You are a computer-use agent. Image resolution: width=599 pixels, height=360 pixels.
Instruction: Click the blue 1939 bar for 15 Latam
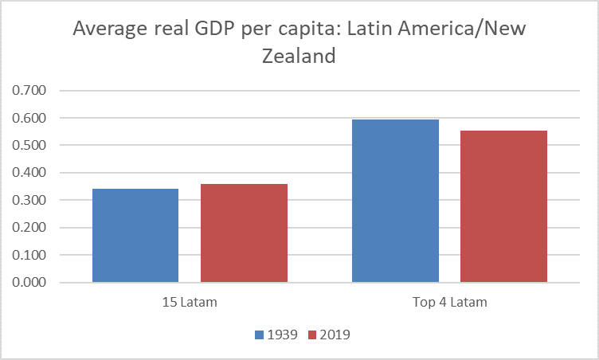135,236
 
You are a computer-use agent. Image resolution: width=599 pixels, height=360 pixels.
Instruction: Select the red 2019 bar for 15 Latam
244,233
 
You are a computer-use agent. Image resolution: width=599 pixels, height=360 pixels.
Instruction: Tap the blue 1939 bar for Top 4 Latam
395,201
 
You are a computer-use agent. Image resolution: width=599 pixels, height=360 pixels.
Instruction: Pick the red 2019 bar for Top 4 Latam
503,206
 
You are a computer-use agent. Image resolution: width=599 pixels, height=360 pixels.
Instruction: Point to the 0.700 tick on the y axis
31,91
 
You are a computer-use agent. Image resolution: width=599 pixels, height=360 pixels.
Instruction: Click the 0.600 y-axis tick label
31,118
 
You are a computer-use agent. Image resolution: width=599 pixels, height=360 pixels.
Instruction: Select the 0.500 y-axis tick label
31,146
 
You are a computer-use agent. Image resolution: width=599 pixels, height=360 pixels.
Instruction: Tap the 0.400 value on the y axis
31,173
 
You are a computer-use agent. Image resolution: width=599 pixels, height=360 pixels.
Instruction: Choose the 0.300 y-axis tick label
31,201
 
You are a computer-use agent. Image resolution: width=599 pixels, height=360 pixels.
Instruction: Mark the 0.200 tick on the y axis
31,228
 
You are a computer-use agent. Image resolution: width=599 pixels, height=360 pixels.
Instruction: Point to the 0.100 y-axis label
31,256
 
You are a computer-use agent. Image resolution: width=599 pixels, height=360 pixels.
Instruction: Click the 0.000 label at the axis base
31,283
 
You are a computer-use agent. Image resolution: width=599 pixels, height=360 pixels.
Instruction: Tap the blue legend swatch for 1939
260,335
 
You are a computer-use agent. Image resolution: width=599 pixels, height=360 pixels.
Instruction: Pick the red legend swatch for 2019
312,335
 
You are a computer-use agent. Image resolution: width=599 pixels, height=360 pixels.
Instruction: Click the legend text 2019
335,335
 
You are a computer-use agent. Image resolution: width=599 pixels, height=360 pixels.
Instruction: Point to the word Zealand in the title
299,57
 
